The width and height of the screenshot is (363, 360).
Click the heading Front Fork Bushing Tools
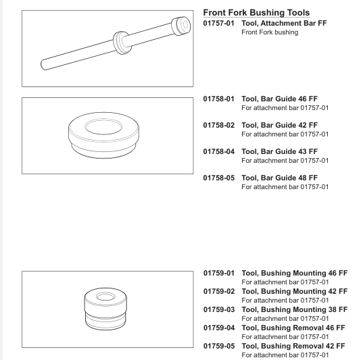pyautogui.click(x=256, y=13)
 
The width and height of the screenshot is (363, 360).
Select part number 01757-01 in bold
pyautogui.click(x=219, y=23)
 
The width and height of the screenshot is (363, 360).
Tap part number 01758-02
pyautogui.click(x=219, y=125)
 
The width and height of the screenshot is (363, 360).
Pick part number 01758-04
pyautogui.click(x=219, y=151)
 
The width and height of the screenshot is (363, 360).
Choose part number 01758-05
pyautogui.click(x=219, y=178)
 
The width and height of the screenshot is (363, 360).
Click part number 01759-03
pyautogui.click(x=219, y=309)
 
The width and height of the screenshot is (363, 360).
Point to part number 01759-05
pyautogui.click(x=219, y=346)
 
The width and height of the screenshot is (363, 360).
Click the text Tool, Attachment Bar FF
pyautogui.click(x=284, y=23)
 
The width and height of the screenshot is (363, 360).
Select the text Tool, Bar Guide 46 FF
pyautogui.click(x=280, y=99)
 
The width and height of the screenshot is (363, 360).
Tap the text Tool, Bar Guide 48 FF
pyautogui.click(x=280, y=178)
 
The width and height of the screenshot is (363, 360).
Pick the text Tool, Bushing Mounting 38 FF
pyautogui.click(x=295, y=309)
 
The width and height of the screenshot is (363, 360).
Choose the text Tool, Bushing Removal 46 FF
pyautogui.click(x=293, y=328)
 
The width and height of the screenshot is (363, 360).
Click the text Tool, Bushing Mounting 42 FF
pyautogui.click(x=295, y=291)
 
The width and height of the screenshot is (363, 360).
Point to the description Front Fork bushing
pyautogui.click(x=270, y=32)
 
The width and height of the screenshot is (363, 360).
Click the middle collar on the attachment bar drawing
pyautogui.click(x=122, y=43)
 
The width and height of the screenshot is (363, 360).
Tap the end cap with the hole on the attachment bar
pyautogui.click(x=181, y=26)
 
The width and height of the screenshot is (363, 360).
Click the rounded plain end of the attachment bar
pyautogui.click(x=44, y=65)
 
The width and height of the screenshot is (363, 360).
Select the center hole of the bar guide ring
pyautogui.click(x=103, y=127)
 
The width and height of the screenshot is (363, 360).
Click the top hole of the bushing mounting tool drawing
pyautogui.click(x=105, y=297)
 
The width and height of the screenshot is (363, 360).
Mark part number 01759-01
pyautogui.click(x=219, y=273)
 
